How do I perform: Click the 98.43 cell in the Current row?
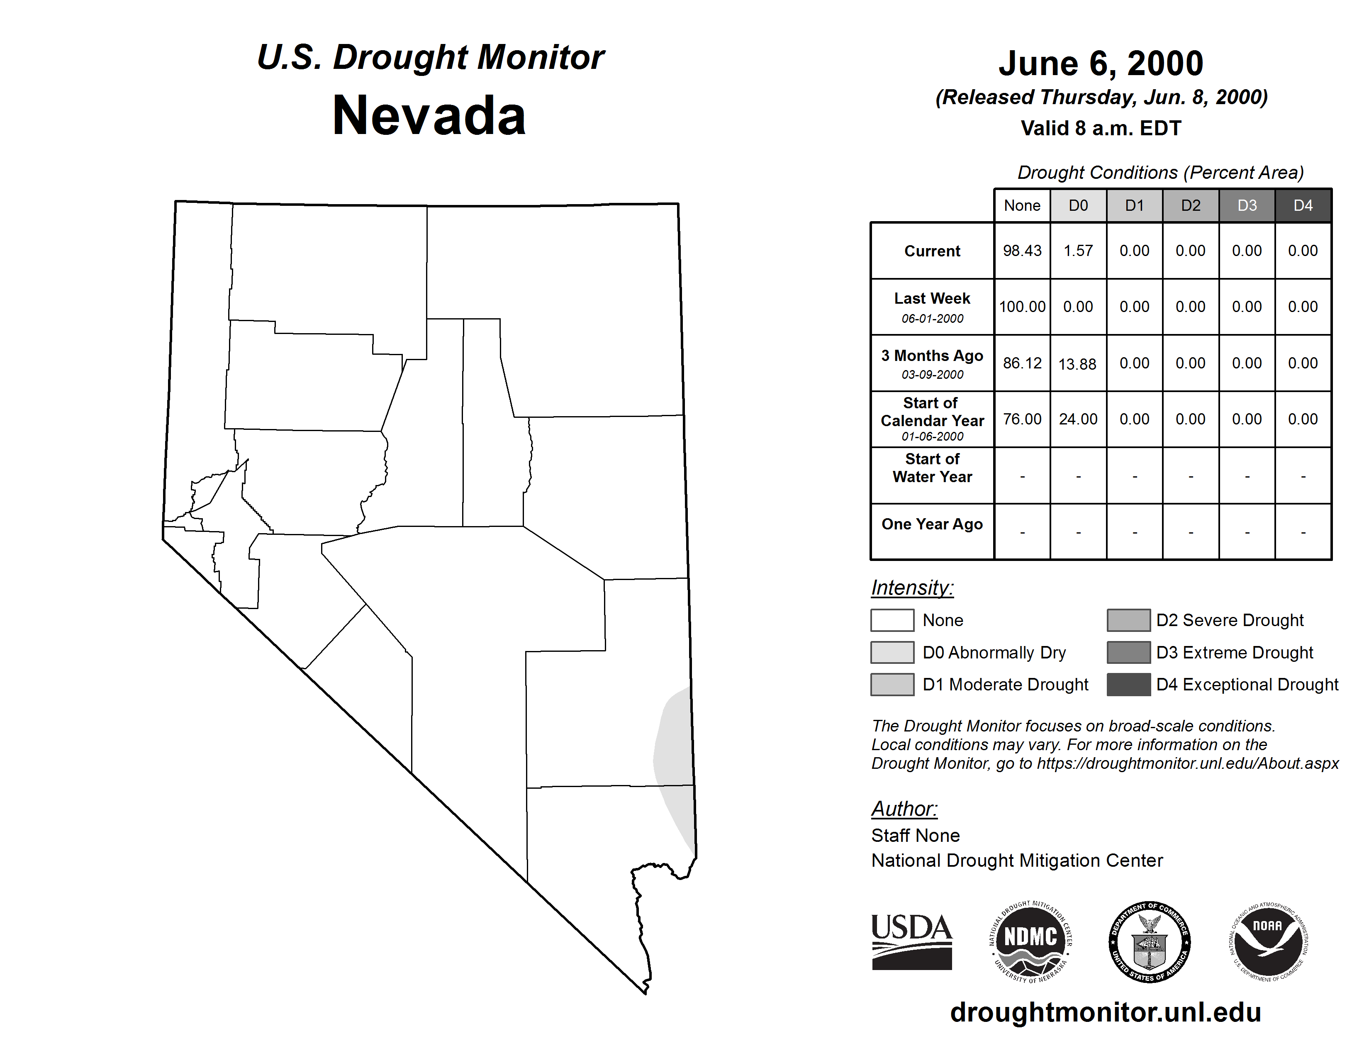[x=1022, y=251]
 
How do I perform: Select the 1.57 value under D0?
[x=1078, y=251]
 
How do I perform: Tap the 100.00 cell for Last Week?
[x=1022, y=307]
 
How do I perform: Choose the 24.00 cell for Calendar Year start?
[x=1078, y=419]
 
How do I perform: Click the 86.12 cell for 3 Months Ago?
[x=1022, y=363]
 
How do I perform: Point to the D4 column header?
[x=1303, y=205]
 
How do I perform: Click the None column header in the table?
[x=1022, y=205]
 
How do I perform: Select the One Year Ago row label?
[x=932, y=524]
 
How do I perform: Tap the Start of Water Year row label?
[x=932, y=468]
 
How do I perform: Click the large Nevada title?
[x=429, y=116]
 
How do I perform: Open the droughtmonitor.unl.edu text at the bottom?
[x=1106, y=1012]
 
